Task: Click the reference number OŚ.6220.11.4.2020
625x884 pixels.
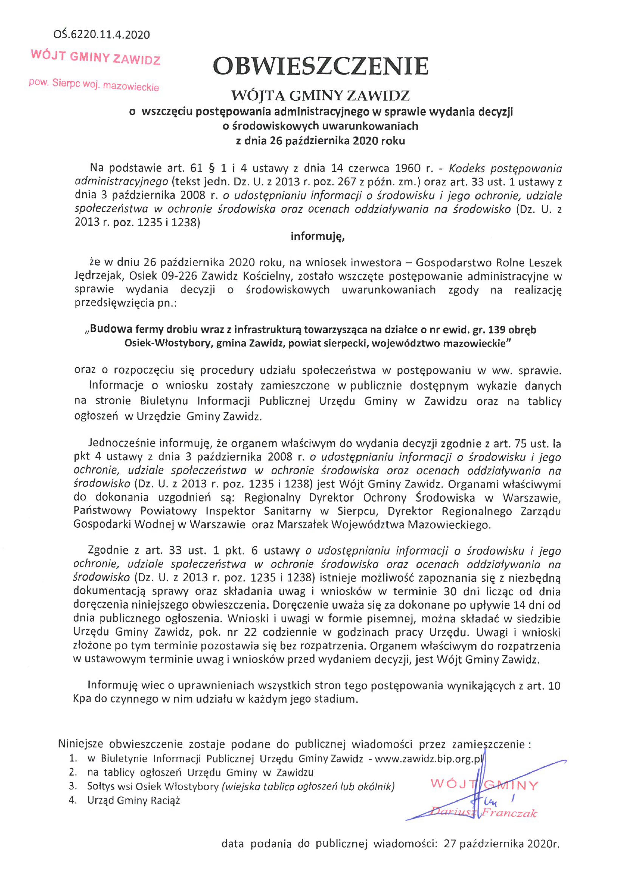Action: (x=102, y=35)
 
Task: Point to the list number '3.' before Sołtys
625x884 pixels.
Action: (x=73, y=786)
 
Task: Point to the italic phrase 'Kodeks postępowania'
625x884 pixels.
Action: (x=505, y=168)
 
